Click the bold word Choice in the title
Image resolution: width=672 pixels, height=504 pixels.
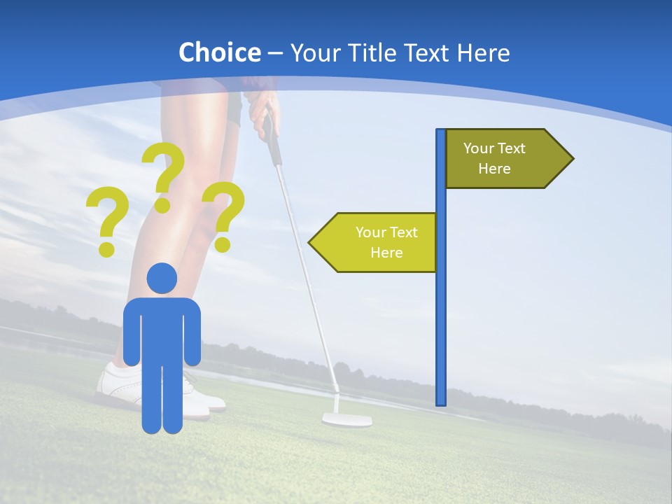tap(219, 52)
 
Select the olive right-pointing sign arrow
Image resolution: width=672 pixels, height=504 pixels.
tap(504, 158)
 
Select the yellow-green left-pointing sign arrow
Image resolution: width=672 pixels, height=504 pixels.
tap(378, 242)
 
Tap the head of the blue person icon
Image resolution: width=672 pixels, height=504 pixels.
tap(162, 278)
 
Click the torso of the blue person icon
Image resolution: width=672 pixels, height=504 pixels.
tap(162, 329)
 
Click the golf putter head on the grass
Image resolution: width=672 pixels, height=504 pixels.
tap(346, 420)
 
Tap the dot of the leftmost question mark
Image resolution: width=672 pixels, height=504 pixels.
tap(106, 248)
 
